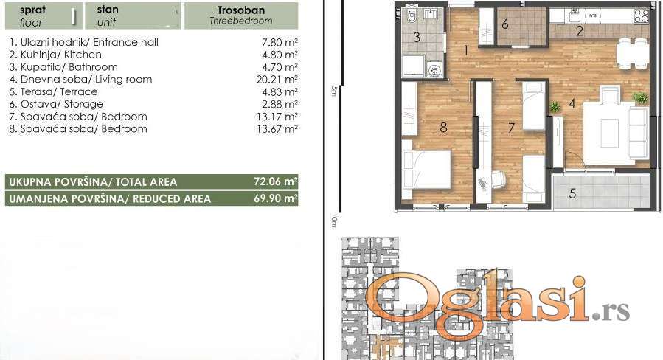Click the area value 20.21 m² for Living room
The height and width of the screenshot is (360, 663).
[x=277, y=79]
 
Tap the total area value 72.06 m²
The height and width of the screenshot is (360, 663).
[x=276, y=181]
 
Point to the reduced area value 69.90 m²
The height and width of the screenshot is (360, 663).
[x=276, y=198]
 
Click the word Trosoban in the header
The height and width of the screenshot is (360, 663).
[x=241, y=10]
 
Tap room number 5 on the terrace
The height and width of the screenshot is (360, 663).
[x=572, y=194]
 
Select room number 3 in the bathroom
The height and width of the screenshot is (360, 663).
[x=417, y=37]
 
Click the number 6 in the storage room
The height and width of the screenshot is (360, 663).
[x=505, y=24]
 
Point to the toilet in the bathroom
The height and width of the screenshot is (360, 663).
[x=412, y=16]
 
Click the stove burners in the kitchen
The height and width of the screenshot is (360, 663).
[x=641, y=16]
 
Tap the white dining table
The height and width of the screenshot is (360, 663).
[x=633, y=53]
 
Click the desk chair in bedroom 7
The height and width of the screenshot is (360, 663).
[x=499, y=179]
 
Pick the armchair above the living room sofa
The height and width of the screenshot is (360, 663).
[x=609, y=94]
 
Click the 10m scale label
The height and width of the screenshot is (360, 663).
[x=334, y=220]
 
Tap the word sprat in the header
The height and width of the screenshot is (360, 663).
[x=32, y=10]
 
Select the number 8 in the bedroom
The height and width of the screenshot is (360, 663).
[x=443, y=128]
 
